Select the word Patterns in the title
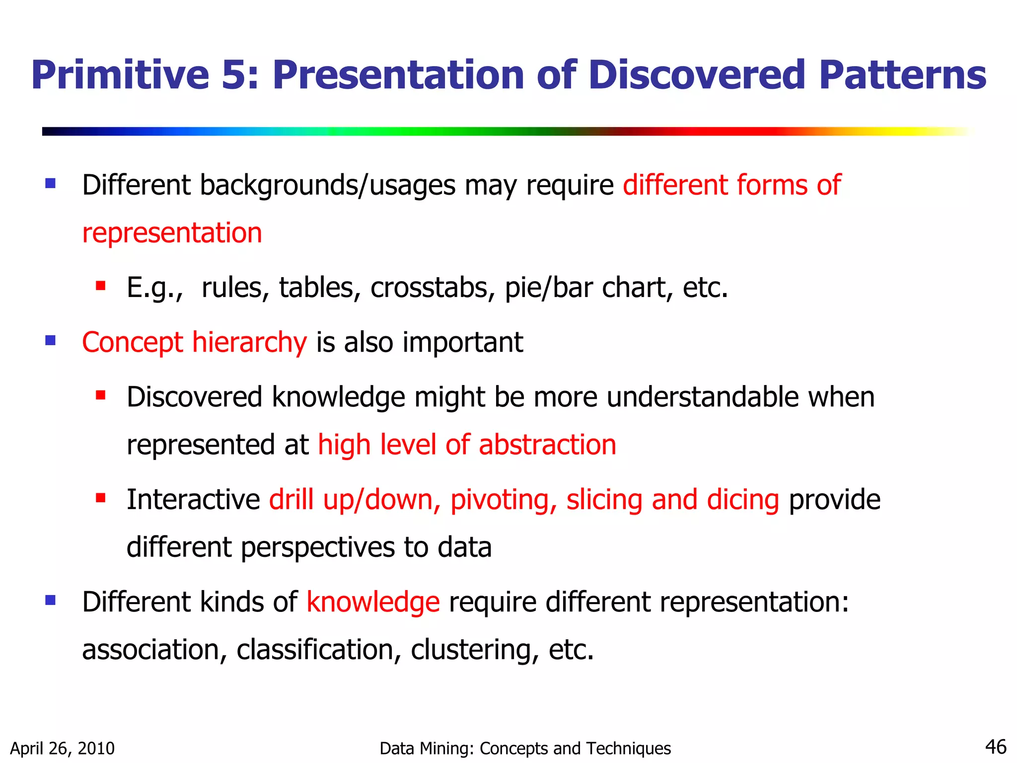tap(902, 76)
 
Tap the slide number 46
tap(995, 747)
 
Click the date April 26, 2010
tap(63, 748)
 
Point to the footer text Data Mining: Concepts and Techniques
tap(525, 748)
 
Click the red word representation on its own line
tap(172, 233)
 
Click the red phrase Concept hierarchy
tap(194, 343)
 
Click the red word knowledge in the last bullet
tap(373, 602)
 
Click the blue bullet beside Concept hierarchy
tap(50, 340)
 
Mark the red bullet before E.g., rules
tap(101, 286)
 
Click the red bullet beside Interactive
tap(101, 497)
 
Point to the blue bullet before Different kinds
tap(50, 600)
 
